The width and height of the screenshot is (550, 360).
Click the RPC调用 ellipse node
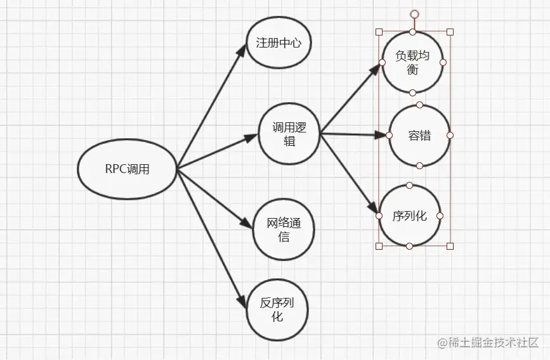coord(128,169)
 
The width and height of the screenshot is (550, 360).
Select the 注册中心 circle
coord(278,43)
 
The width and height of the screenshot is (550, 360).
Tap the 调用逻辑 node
coord(289,134)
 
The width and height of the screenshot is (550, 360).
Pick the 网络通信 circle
coord(284,229)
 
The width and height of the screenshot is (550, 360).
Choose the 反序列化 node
coord(277,309)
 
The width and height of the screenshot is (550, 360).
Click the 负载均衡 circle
coord(412,62)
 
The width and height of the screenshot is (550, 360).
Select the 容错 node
coord(419,135)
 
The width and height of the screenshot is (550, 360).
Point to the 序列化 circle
coord(409,215)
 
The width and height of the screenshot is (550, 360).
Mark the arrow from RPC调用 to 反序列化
coord(211,238)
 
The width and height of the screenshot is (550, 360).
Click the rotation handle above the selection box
coord(414,13)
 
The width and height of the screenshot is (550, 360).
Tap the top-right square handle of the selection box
coord(450,32)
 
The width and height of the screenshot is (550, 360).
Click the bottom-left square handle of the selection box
coord(379,246)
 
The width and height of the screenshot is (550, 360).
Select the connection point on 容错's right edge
coord(450,135)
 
